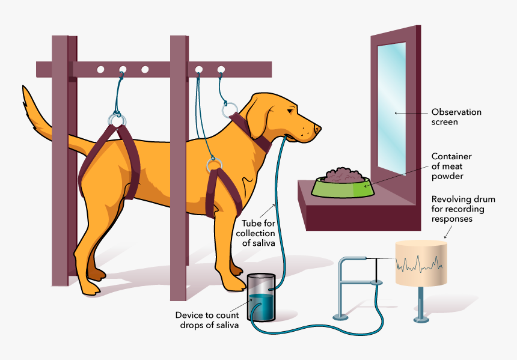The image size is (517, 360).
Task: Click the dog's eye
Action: (x=291, y=110)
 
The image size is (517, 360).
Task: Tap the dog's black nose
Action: (x=318, y=129)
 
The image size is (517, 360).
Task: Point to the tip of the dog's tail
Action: (x=25, y=90)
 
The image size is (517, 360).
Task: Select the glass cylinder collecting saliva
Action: (x=261, y=297)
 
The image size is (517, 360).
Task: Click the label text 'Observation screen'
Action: (x=456, y=117)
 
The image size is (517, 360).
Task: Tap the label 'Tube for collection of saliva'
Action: (x=255, y=233)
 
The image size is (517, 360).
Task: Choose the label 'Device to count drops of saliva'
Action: (x=207, y=320)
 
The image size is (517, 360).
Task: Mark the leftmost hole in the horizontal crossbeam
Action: (x=100, y=69)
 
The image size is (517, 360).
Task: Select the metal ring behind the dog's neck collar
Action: (x=230, y=110)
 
